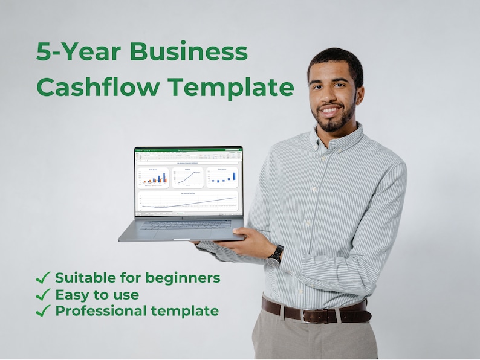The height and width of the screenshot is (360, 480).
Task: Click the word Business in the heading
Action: pos(188,51)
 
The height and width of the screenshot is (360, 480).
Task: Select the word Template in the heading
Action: pos(230,87)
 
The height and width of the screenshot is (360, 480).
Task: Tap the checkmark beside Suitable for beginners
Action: pos(43,278)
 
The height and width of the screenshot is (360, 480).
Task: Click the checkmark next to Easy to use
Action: pos(43,295)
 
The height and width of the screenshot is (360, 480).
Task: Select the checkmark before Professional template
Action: pos(43,312)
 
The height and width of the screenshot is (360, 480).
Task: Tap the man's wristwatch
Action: pos(276,255)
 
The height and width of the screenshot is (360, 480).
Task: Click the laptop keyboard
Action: pos(184,224)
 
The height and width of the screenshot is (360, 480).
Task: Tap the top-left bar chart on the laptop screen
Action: pos(154,178)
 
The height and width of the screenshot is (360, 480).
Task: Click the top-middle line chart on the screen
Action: pos(188,178)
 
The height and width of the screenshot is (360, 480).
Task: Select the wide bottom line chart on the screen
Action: pos(189,201)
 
